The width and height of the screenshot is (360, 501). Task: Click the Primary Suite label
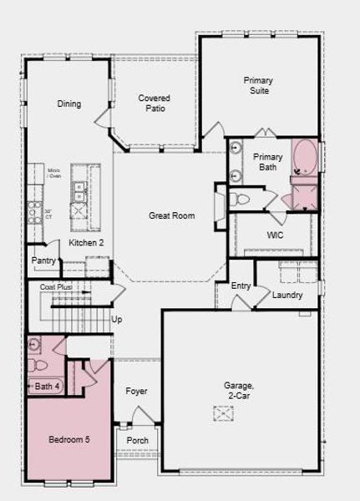coord(258,85)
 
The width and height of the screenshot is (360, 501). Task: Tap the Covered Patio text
coord(155,104)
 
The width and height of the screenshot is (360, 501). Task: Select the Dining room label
coord(69,104)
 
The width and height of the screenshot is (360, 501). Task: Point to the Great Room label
coord(172,215)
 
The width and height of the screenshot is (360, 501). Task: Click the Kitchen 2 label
coord(86,242)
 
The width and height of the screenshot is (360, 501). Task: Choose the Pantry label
coord(43,261)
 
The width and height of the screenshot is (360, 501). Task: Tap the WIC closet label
coord(276,235)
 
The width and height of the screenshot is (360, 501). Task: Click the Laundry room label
coord(287,295)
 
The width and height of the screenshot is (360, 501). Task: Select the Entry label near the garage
coord(241,286)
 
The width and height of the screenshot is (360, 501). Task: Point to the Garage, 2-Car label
coord(239,391)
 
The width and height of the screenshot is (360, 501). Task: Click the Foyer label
coord(136,391)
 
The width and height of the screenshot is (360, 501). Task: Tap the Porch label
coord(137,440)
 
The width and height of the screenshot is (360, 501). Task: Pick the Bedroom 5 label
coord(68,439)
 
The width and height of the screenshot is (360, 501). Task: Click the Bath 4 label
coord(47,386)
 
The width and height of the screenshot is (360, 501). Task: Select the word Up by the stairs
coord(117,319)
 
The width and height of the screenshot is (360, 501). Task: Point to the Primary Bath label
coord(268,162)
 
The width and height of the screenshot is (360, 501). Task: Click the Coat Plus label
coord(56,287)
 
